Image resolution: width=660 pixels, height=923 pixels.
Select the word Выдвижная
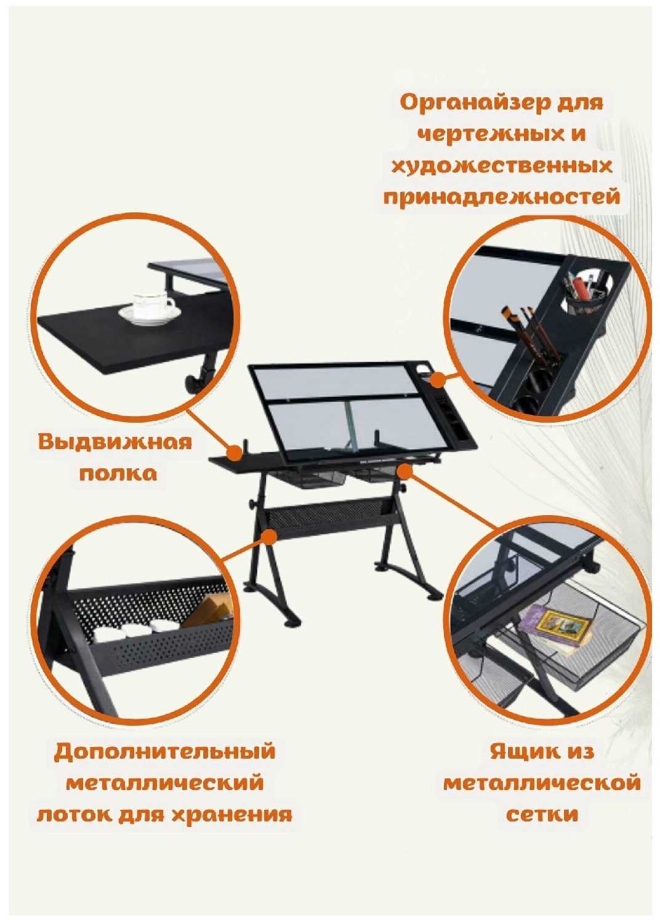pos(115,442)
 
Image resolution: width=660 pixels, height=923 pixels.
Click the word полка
pos(118,474)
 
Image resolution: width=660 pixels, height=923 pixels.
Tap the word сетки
pos(542,815)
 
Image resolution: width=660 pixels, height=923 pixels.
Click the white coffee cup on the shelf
pos(150,308)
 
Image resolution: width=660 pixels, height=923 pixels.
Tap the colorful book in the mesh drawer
pos(554,628)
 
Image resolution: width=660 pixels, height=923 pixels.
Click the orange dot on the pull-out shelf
pos(235,452)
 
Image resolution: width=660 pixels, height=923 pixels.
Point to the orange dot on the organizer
pos(438,380)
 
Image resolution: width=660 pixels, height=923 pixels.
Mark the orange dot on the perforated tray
pos(270,537)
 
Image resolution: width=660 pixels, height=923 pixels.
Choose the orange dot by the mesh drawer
pos(405,472)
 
